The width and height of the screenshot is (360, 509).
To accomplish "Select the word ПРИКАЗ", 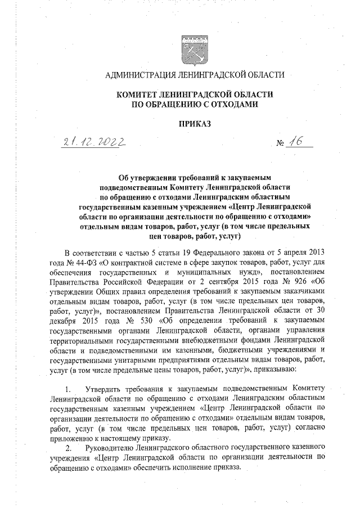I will [x=195, y=123].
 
